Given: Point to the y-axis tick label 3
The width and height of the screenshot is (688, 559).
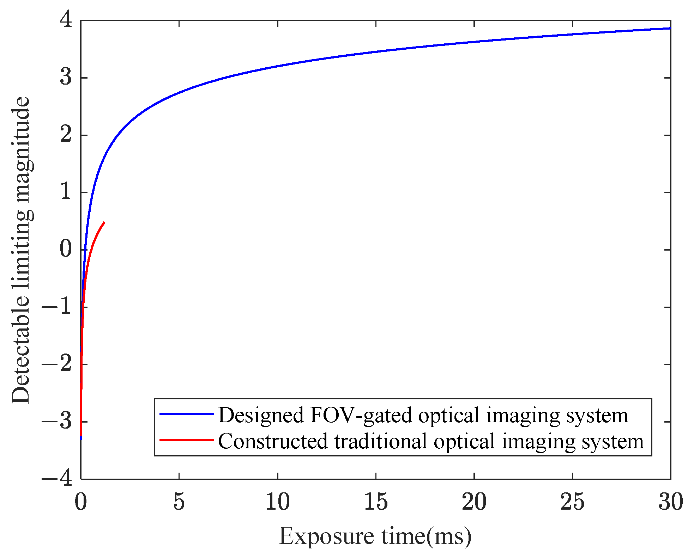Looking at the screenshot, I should click(x=66, y=77).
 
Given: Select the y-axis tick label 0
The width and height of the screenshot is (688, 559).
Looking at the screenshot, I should click(x=66, y=249).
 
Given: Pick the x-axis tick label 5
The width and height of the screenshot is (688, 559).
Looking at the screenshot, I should click(x=179, y=502).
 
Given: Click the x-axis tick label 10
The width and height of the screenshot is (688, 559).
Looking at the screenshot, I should click(x=277, y=502).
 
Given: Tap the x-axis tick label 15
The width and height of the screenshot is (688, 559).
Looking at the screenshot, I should click(x=376, y=502).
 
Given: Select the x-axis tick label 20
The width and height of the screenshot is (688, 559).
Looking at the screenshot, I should click(x=474, y=502).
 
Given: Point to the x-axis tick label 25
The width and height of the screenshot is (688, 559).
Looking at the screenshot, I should click(x=572, y=502).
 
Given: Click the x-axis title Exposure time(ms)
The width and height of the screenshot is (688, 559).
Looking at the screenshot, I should click(x=375, y=537).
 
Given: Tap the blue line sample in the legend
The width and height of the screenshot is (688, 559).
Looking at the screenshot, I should click(x=187, y=414).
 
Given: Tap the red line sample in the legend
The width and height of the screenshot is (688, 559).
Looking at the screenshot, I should click(x=187, y=440).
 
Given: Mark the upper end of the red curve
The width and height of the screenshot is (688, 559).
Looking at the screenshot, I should click(x=104, y=222).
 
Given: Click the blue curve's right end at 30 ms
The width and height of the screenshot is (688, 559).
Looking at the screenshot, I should click(x=669, y=28).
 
